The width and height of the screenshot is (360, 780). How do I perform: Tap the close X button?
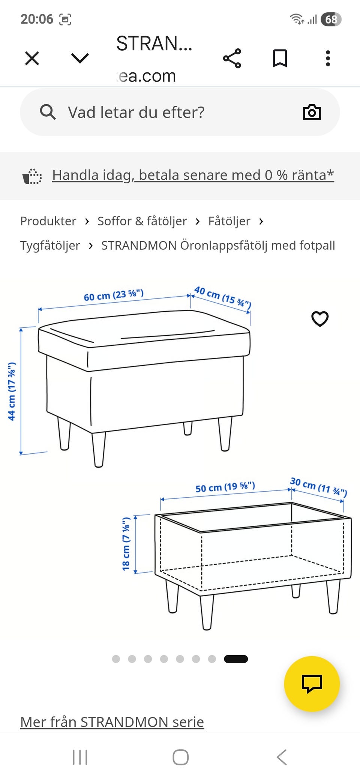pos(32,58)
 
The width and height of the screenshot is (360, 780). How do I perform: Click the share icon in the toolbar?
pos(232,58)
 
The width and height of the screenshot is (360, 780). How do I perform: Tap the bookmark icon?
pos(280,58)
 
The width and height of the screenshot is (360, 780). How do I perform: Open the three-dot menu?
pos(328,58)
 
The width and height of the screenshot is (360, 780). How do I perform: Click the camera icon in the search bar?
pos(312,112)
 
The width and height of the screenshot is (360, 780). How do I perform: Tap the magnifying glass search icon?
pos(48,112)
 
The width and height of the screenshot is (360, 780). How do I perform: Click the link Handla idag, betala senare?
pos(193,175)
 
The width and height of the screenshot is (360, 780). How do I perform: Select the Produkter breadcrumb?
pos(48,221)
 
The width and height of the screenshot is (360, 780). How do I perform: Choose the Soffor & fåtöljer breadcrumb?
pos(142,221)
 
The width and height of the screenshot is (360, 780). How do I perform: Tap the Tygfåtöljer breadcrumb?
pos(50,246)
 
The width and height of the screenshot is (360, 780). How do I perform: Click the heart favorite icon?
pos(320,319)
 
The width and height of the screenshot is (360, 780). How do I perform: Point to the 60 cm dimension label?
pos(114,295)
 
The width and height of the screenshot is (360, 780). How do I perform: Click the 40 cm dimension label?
pos(222,297)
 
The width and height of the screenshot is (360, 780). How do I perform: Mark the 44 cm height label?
pos(12,391)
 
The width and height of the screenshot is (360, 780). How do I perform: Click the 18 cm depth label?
pos(126,544)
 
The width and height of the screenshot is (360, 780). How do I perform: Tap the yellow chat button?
pos(312,684)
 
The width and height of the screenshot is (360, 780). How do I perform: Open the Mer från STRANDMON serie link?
pos(112,722)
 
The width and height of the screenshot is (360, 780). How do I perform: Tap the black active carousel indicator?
pos(236,659)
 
